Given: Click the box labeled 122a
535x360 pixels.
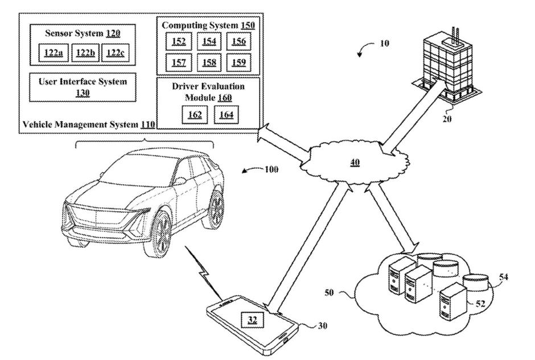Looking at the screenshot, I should click(53, 53).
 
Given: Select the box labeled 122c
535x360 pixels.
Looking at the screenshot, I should click(115, 53).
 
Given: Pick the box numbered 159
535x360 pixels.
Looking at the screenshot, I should click(238, 61).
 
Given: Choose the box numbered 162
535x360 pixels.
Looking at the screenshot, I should click(195, 115).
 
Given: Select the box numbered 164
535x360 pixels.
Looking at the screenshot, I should click(227, 115).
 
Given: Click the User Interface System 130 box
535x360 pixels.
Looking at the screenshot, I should click(83, 87).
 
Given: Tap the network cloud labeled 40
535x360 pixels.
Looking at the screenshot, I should click(355, 162).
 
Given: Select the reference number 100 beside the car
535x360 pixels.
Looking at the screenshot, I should click(271, 169).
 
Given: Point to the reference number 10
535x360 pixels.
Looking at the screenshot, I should click(383, 43).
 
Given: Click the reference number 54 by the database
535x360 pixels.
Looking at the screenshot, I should click(503, 277).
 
